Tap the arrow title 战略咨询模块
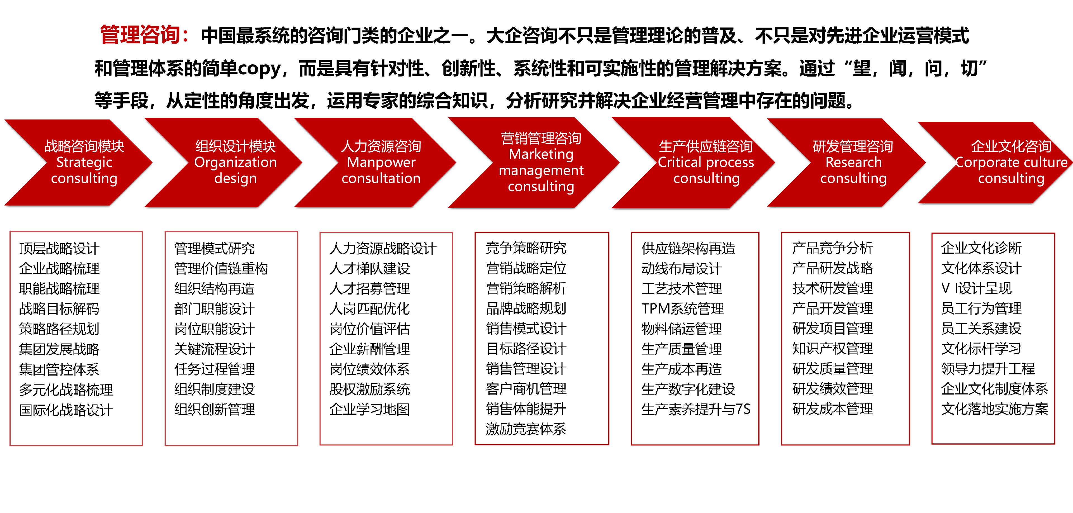pos(84,146)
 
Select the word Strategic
pos(84,162)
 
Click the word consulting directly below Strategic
pos(84,178)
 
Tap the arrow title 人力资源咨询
pos(381,146)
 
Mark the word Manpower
pos(381,162)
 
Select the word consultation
pos(381,178)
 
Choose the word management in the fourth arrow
pos(541,170)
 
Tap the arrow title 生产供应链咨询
pos(706,146)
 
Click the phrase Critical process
pos(706,162)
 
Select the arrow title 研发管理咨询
pos(853,146)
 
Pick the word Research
pos(853,162)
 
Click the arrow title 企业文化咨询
pos(1011,146)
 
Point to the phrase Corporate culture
pos(1011,162)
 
